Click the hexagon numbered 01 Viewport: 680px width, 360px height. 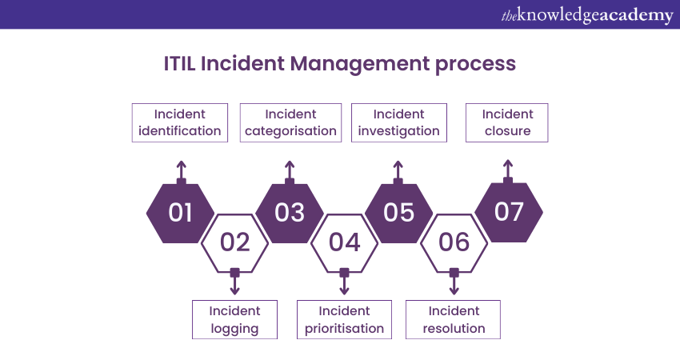coord(181,212)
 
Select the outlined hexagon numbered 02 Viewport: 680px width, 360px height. coord(234,242)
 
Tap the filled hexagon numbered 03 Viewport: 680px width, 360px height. coord(290,212)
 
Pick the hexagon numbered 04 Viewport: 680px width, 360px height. coord(344,242)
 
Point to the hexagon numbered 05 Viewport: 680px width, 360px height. coord(398,212)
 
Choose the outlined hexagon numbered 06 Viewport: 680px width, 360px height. coord(454,242)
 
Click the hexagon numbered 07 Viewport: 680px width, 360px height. coord(508,212)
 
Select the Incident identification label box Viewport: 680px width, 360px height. coord(180,122)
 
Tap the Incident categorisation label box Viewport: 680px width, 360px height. coord(290,122)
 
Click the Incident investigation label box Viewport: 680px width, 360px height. coord(398,122)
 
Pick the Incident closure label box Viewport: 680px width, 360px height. coord(507,122)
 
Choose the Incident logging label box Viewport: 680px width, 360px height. coord(234,319)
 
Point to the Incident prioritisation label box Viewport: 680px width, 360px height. coord(344,319)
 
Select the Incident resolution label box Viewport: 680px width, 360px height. coord(454,319)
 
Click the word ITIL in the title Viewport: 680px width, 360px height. coord(179,63)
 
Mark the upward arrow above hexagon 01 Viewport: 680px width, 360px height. coord(182,170)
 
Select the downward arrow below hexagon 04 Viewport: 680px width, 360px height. coord(344,282)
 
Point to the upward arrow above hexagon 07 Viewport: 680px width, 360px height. coord(507,170)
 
